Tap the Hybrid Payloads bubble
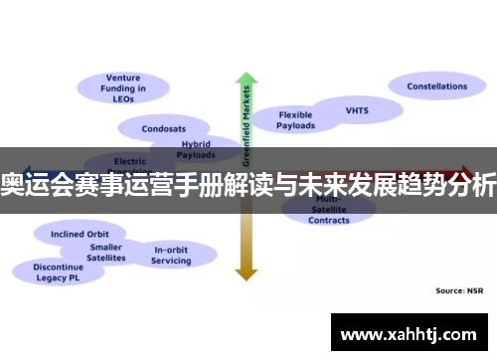(195, 149)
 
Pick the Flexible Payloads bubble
(295, 120)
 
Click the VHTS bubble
(356, 110)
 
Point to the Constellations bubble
(436, 87)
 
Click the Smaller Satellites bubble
(106, 252)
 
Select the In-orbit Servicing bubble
(170, 254)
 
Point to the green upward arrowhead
(246, 79)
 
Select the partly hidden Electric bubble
(130, 160)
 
